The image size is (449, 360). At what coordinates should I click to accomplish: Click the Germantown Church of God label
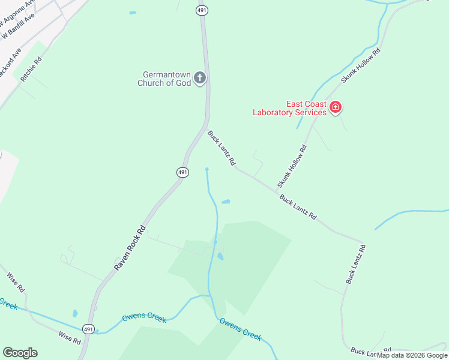coord(164,79)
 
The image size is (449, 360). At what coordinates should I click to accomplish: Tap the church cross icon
coord(200,77)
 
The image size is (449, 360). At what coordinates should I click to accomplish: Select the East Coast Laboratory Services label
coord(289,108)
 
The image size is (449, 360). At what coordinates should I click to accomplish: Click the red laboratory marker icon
coord(336,108)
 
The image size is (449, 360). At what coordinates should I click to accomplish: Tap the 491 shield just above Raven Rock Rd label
coord(183,172)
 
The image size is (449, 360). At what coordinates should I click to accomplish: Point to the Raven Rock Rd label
coord(130,247)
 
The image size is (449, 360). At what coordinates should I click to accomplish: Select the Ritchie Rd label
coord(31,69)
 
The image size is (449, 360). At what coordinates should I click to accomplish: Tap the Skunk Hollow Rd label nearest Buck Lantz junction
coord(292,166)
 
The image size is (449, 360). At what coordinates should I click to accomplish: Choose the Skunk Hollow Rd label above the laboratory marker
coord(361,65)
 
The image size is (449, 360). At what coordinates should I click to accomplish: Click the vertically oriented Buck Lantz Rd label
coord(355,264)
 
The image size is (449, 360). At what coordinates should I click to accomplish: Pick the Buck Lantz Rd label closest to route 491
coord(221,148)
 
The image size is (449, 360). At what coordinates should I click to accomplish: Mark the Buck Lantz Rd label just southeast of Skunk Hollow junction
coord(298,206)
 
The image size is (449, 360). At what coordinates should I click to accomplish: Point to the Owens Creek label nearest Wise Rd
coord(144,318)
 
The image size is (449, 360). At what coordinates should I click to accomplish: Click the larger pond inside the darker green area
coord(220,256)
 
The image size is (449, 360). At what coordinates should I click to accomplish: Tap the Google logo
coord(20,353)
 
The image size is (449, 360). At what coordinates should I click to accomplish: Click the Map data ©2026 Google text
coord(412,355)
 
